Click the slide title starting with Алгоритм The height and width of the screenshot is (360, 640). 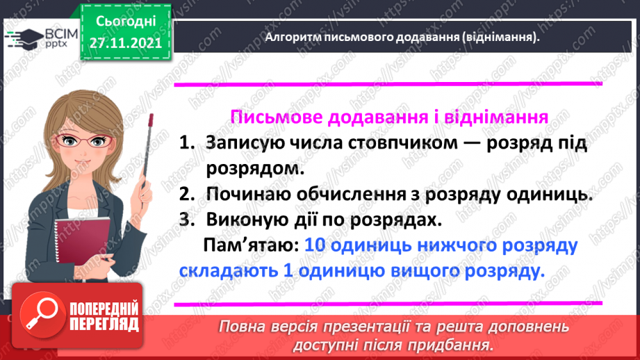pos(402,38)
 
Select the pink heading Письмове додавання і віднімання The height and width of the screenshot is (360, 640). pos(389,117)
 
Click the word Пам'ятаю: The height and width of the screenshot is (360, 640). pos(252,246)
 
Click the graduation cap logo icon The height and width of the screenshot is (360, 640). pos(23,37)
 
